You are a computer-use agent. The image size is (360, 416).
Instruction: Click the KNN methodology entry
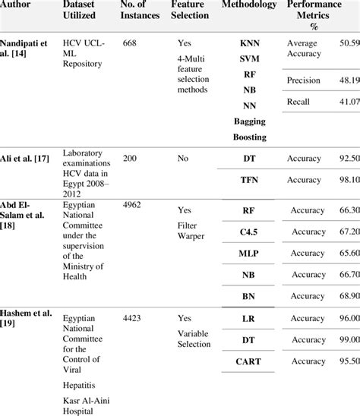pos(249,45)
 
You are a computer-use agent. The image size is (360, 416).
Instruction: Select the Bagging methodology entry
pos(249,121)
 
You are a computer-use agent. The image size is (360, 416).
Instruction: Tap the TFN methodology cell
pos(249,180)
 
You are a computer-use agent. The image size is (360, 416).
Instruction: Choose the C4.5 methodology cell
pos(249,232)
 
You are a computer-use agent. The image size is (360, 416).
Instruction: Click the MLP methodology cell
pos(249,253)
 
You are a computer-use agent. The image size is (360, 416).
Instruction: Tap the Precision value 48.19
pos(348,79)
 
